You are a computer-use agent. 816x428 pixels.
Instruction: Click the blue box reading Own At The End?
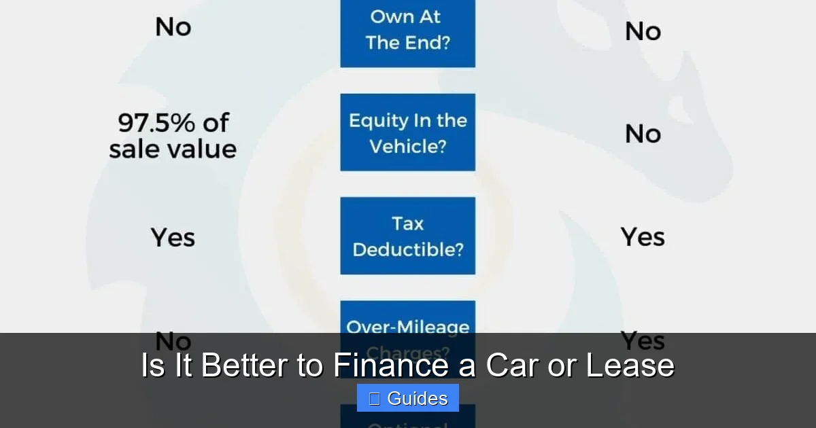pyautogui.click(x=407, y=31)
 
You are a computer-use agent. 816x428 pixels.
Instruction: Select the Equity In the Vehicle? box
pyautogui.click(x=407, y=132)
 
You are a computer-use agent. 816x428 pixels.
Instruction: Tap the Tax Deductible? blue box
pyautogui.click(x=407, y=236)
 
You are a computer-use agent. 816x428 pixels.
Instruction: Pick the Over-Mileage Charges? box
pyautogui.click(x=407, y=319)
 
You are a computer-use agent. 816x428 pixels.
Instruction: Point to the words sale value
pyautogui.click(x=173, y=149)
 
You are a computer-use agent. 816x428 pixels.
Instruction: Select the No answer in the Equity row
pyautogui.click(x=643, y=134)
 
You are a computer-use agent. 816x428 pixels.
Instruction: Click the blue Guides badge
pyautogui.click(x=407, y=398)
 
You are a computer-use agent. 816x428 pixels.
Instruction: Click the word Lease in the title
pyautogui.click(x=630, y=365)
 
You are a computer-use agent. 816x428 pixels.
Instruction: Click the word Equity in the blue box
pyautogui.click(x=375, y=121)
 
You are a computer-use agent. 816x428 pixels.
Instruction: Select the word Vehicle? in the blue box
pyautogui.click(x=408, y=146)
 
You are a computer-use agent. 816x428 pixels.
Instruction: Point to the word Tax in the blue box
pyautogui.click(x=407, y=224)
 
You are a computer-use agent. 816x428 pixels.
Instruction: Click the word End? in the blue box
pyautogui.click(x=432, y=43)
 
